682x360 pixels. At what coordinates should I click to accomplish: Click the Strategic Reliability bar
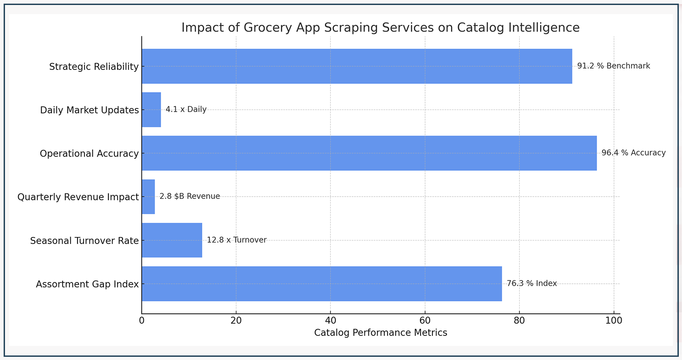[357, 66]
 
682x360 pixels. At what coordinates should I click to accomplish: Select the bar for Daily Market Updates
[151, 110]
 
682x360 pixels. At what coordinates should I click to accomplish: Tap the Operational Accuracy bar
[369, 153]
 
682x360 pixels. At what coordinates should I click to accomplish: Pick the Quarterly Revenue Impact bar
[148, 197]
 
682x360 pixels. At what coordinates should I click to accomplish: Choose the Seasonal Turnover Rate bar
[172, 240]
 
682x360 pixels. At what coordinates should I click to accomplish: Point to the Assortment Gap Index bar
[322, 284]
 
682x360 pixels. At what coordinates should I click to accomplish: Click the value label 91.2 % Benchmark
[613, 66]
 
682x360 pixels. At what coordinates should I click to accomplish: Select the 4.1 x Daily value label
[186, 110]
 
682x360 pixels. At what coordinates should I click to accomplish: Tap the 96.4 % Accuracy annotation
[633, 153]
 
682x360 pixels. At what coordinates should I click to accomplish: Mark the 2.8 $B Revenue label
[190, 197]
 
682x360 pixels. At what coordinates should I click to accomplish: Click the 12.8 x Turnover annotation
[236, 240]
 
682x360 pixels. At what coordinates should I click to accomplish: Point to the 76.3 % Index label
[531, 284]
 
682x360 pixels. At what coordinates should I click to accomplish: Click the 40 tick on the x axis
[330, 321]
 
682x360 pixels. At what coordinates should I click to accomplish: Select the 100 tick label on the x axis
[613, 321]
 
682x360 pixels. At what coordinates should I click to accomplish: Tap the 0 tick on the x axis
[142, 321]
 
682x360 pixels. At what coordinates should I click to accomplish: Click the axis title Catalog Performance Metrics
[380, 333]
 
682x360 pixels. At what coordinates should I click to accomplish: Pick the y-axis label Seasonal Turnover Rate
[84, 241]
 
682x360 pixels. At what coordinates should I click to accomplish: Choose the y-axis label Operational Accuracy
[89, 154]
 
